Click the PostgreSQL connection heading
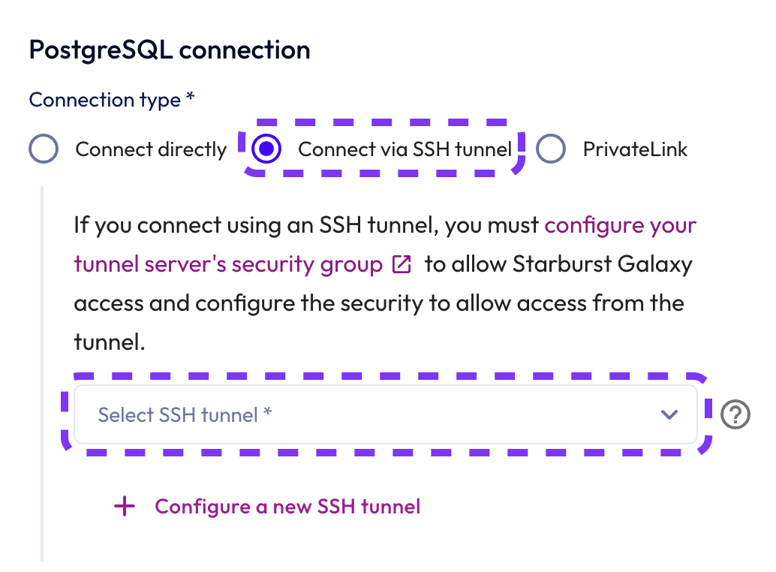(169, 50)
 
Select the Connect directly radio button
(44, 149)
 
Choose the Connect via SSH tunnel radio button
(266, 149)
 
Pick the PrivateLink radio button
(551, 149)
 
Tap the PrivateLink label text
(635, 149)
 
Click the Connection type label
(104, 100)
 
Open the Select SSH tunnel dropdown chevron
(669, 414)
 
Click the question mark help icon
(735, 414)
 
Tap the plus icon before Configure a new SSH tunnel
(125, 507)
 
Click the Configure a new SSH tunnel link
(287, 507)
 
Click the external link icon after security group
(402, 265)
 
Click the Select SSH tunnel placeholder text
(185, 414)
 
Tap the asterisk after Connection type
(191, 98)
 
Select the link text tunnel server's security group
(228, 264)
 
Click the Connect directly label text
(151, 149)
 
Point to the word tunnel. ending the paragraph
(108, 342)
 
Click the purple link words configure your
(621, 225)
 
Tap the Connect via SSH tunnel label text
(405, 149)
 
